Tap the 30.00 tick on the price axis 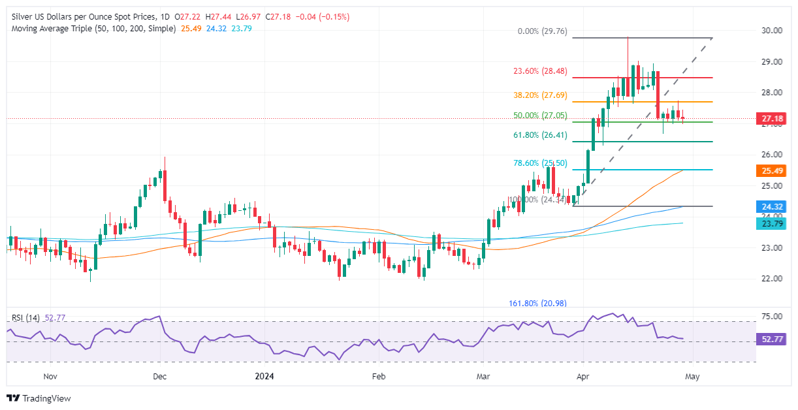pyautogui.click(x=773, y=30)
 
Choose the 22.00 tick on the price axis pyautogui.click(x=773, y=278)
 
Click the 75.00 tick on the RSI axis pyautogui.click(x=773, y=316)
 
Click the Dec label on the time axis pyautogui.click(x=160, y=376)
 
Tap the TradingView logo pyautogui.click(x=39, y=398)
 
